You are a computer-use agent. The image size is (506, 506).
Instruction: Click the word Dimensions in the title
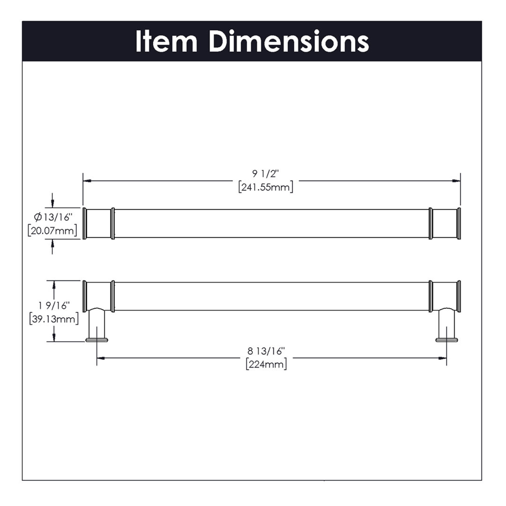[289, 42]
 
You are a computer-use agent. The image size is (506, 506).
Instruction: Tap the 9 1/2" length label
[265, 174]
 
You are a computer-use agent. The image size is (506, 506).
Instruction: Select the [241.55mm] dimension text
[266, 187]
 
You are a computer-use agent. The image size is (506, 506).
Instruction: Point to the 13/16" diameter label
[57, 217]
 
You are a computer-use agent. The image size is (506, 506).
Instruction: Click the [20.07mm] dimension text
[52, 231]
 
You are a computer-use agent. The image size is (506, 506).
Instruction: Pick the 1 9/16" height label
[54, 305]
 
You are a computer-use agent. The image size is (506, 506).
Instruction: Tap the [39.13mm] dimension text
[54, 319]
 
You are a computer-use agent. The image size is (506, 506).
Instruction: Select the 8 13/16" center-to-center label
[266, 351]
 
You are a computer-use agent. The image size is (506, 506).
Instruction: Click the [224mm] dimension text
[266, 364]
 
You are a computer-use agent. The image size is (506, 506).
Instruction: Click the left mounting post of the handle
[97, 323]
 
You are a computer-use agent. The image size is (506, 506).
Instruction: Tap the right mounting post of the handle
[447, 323]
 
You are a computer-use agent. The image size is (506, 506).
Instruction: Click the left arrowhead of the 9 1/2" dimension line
[87, 181]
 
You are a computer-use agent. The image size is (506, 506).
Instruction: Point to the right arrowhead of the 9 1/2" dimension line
[456, 181]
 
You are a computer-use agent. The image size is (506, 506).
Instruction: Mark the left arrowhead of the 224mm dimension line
[101, 358]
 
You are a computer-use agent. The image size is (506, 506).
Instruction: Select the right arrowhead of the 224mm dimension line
[443, 358]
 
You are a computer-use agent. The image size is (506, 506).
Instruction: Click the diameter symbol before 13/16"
[38, 217]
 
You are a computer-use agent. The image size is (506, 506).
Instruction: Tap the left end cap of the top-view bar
[85, 223]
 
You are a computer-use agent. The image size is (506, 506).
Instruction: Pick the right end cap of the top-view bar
[459, 223]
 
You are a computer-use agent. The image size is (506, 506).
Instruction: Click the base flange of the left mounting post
[97, 340]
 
